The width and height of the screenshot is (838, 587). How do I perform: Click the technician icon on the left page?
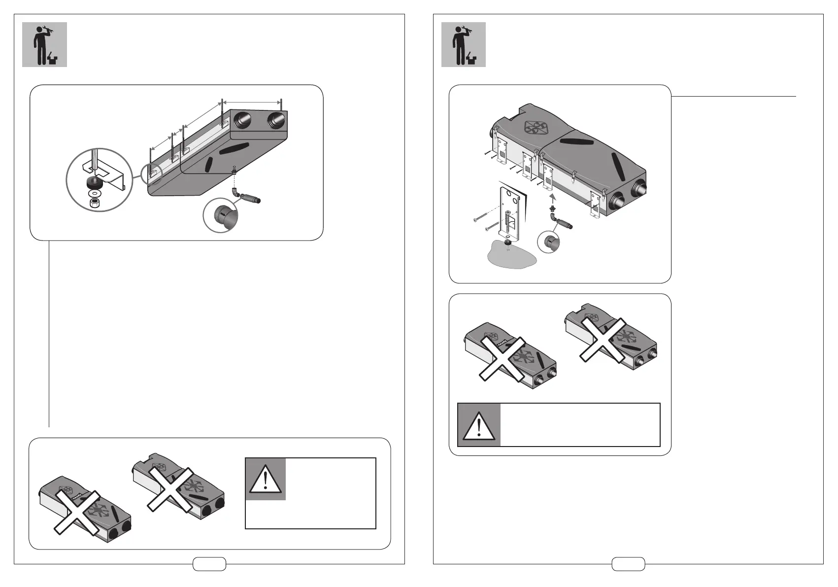point(44,44)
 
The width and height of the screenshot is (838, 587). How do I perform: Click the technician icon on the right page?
point(463,44)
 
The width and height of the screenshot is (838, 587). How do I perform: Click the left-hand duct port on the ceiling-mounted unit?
point(243,120)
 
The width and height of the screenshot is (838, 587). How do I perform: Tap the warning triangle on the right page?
point(479,425)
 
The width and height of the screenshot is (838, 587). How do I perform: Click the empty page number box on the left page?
point(209,564)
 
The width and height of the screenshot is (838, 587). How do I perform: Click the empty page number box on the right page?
point(628,564)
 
